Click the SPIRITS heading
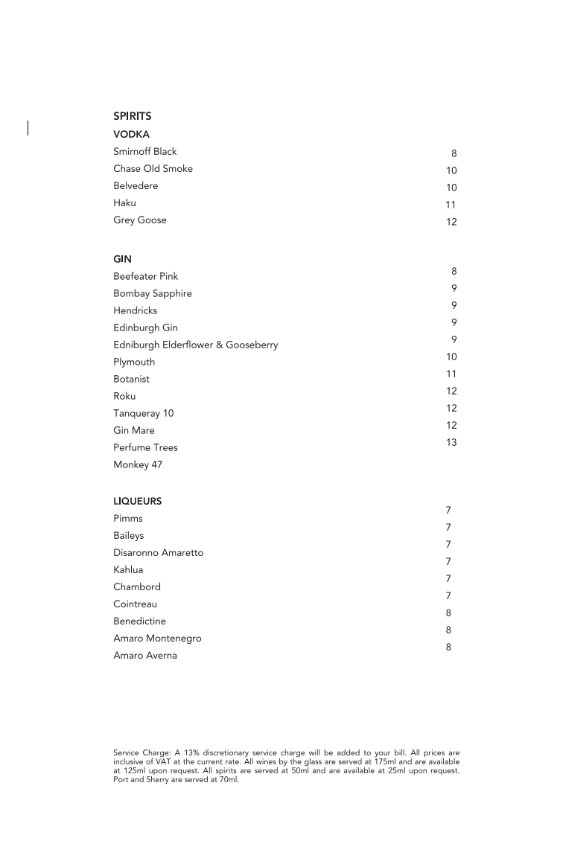(132, 116)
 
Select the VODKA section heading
(131, 135)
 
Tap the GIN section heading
(122, 259)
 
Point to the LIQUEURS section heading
(137, 502)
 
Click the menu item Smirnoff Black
(144, 152)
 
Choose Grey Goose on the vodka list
(139, 220)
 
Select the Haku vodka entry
(124, 203)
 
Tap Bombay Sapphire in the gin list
(152, 293)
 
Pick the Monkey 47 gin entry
(137, 465)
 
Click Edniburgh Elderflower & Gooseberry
(195, 345)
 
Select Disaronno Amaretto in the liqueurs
(158, 553)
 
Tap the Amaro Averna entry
(144, 656)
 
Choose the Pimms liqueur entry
(127, 519)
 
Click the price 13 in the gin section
(451, 443)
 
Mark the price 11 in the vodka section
(451, 205)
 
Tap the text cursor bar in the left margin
(28, 128)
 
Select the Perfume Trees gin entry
(145, 448)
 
